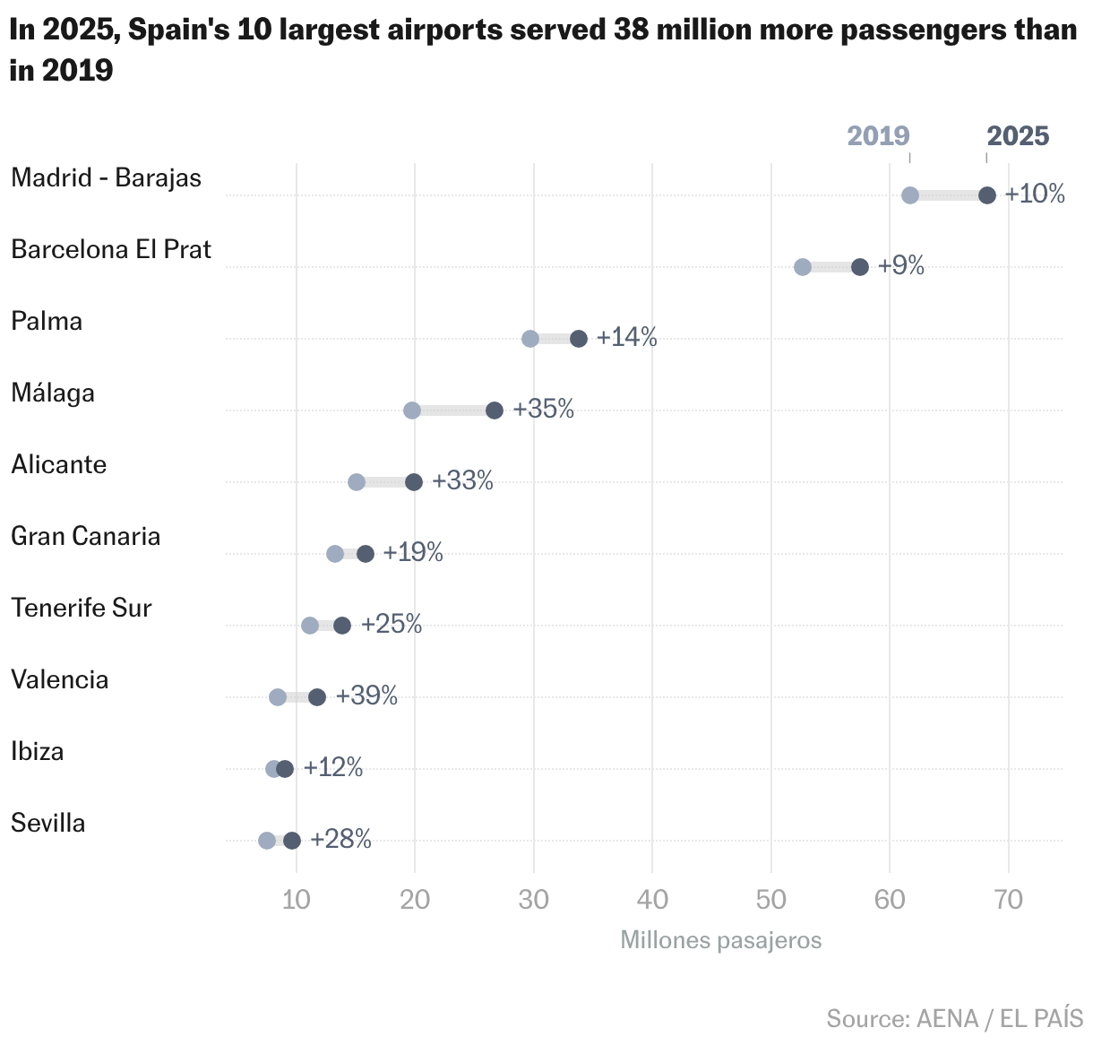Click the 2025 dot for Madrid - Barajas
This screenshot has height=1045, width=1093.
(x=986, y=195)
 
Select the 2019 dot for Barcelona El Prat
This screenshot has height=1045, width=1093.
(x=803, y=267)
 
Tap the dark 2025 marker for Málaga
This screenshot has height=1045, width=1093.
(x=495, y=410)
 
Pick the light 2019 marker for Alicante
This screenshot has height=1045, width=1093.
(x=357, y=482)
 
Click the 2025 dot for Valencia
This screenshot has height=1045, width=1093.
(x=317, y=697)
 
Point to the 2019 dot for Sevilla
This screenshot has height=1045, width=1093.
(x=267, y=841)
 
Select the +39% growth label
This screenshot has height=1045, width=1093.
(x=366, y=695)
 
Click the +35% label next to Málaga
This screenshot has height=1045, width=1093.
(x=543, y=409)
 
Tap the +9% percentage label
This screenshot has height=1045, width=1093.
(x=900, y=265)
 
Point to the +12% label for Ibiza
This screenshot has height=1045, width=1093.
(x=333, y=767)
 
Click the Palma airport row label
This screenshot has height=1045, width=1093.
(x=47, y=321)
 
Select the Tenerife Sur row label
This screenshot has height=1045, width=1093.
(x=82, y=608)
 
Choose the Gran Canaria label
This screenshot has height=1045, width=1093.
(x=86, y=536)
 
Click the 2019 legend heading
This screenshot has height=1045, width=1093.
(x=878, y=136)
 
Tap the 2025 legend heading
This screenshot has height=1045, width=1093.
(x=1018, y=136)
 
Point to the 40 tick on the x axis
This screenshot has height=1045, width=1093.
(x=652, y=900)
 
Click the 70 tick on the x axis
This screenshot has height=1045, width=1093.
(x=1009, y=900)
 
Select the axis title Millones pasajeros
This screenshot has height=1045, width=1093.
(x=720, y=940)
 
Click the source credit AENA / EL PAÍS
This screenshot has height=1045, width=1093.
(x=954, y=1019)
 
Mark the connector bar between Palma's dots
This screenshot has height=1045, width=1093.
(x=555, y=339)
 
